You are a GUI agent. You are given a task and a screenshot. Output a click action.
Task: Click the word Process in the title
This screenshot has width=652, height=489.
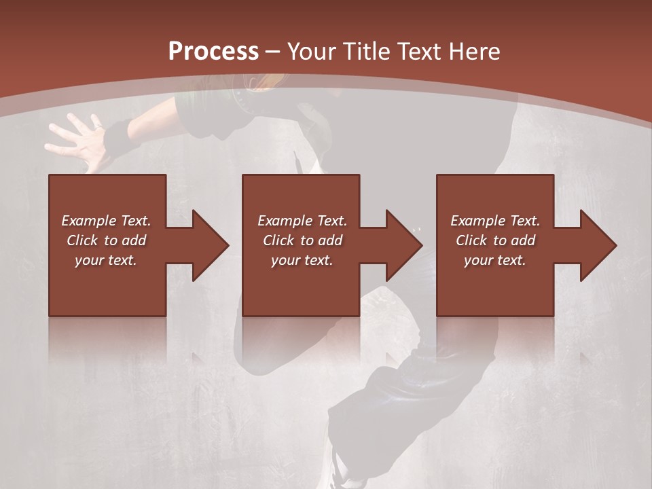[213, 52]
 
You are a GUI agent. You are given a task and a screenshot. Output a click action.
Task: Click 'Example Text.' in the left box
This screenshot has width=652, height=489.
[106, 221]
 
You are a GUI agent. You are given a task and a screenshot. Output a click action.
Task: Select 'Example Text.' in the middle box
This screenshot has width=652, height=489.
[302, 221]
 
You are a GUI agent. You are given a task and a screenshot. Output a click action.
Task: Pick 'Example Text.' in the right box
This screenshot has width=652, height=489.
[495, 221]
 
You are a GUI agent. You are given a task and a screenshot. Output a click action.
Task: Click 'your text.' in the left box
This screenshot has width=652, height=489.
[106, 260]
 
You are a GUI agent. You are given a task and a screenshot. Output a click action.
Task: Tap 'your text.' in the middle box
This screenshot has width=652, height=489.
[302, 260]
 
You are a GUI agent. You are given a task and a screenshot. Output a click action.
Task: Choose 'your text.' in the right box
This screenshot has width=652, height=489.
[495, 260]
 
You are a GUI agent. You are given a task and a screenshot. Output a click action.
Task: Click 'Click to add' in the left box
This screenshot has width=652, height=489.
[106, 240]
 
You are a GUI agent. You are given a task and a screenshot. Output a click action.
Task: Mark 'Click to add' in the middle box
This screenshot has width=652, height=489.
[302, 240]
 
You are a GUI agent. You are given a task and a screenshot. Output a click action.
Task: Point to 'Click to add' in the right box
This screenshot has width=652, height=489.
[495, 240]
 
